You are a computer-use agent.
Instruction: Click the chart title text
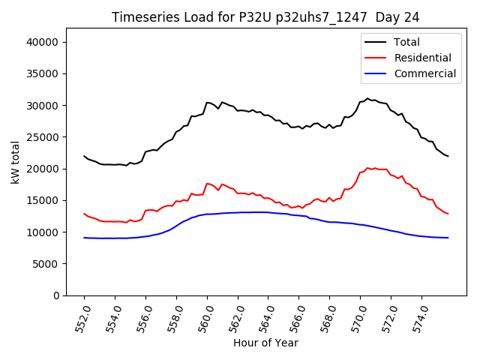tap(265, 17)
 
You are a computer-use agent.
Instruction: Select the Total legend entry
tap(406, 42)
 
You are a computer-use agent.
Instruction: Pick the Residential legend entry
tap(422, 58)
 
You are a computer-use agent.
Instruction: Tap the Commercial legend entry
tap(424, 73)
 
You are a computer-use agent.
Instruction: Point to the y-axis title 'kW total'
tap(16, 161)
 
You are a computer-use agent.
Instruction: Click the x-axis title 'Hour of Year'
tap(265, 343)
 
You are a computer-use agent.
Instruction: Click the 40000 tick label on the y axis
tap(43, 42)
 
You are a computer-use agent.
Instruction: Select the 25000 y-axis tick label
tap(43, 137)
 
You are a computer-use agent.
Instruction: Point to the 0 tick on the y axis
tap(56, 295)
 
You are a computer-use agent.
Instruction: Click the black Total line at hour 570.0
tap(360, 102)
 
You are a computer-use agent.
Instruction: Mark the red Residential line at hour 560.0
tap(207, 184)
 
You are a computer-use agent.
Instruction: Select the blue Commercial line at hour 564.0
tap(268, 212)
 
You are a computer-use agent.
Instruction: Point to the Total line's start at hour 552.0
tap(84, 156)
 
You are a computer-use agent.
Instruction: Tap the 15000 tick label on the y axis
tap(43, 200)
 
